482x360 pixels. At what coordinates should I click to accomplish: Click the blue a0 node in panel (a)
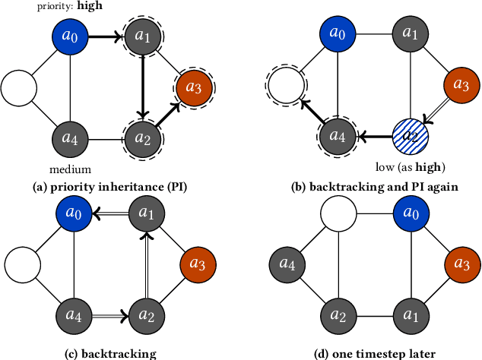[x=70, y=36]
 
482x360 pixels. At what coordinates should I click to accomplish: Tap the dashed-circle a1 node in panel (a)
[x=143, y=36]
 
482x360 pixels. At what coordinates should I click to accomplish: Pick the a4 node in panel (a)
[x=70, y=139]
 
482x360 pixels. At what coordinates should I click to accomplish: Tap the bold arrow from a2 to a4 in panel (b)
[x=373, y=137]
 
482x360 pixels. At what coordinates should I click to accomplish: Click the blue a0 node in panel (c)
[x=70, y=215]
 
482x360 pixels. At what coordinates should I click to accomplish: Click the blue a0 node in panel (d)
[x=411, y=215]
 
